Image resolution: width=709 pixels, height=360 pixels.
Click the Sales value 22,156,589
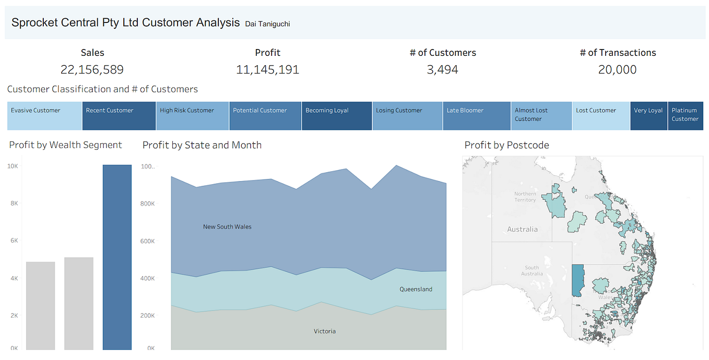coord(92,70)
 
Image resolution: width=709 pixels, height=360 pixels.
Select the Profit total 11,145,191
coord(267,70)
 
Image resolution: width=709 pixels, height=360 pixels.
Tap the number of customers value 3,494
coord(442,70)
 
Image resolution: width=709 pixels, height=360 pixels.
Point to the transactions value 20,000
coord(617,70)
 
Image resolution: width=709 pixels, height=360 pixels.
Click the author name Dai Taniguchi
coord(267,23)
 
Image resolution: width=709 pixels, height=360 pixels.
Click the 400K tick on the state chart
coord(147,278)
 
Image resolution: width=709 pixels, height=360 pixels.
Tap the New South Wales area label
coord(227,227)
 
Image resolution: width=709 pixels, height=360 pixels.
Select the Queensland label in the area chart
coord(416,289)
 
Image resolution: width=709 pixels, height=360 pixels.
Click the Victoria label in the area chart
coord(325,331)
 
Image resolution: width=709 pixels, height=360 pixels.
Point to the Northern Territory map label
coord(525,197)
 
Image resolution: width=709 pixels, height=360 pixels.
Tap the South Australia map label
coord(531,271)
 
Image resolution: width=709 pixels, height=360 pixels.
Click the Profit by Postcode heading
coord(506,145)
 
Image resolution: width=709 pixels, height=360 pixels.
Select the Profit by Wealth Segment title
coord(65,145)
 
